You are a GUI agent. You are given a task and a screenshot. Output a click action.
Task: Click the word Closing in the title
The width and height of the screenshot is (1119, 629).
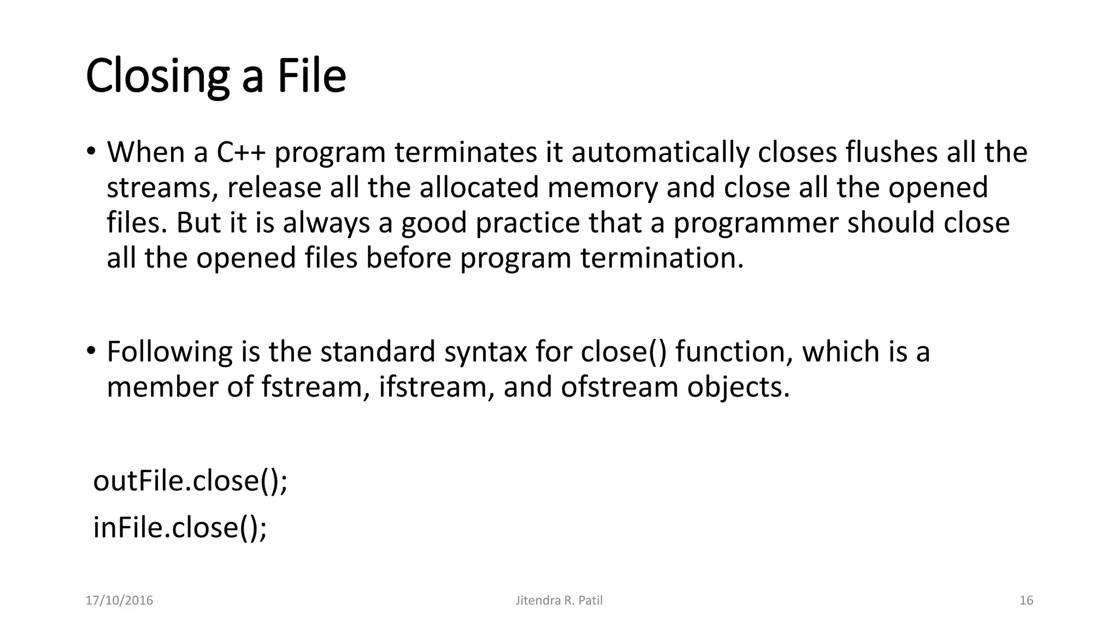pyautogui.click(x=157, y=76)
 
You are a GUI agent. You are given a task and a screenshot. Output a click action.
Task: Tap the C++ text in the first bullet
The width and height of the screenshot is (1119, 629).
pyautogui.click(x=240, y=152)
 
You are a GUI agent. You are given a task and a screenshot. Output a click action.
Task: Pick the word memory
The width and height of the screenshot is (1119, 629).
pyautogui.click(x=602, y=188)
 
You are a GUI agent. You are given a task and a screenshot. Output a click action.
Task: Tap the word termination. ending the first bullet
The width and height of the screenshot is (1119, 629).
pyautogui.click(x=662, y=258)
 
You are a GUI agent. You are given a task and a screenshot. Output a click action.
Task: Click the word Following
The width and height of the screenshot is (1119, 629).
pyautogui.click(x=169, y=352)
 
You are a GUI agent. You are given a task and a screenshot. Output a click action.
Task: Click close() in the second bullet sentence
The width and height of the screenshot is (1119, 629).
pyautogui.click(x=623, y=352)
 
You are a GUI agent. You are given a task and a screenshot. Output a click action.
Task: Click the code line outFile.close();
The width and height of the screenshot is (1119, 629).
pyautogui.click(x=190, y=481)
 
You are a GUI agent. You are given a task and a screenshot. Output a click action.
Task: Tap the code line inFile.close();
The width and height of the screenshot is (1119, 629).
pyautogui.click(x=180, y=528)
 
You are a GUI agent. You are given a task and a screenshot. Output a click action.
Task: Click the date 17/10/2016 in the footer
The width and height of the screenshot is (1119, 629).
pyautogui.click(x=119, y=601)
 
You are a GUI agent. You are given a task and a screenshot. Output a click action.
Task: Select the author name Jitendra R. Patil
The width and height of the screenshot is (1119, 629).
pyautogui.click(x=559, y=601)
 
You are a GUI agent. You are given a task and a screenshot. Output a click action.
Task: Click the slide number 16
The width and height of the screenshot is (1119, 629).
pyautogui.click(x=1026, y=601)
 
